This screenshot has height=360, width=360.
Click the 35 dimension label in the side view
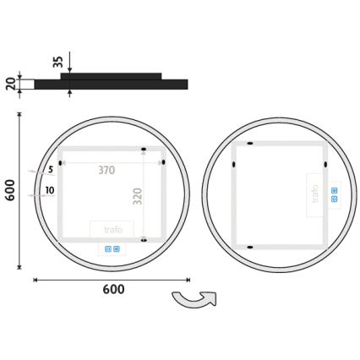pyautogui.click(x=57, y=61)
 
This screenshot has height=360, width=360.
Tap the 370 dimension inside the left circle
pyautogui.click(x=106, y=171)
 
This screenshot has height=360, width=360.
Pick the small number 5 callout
pyautogui.click(x=51, y=171)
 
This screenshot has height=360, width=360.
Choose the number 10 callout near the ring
pyautogui.click(x=50, y=191)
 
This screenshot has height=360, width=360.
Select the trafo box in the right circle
pyautogui.click(x=315, y=197)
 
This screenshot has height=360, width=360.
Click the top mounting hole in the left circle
pyautogui.click(x=143, y=150)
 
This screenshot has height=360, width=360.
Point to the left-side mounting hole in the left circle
pyautogui.click(x=62, y=163)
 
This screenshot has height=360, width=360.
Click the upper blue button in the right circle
pyautogui.click(x=334, y=190)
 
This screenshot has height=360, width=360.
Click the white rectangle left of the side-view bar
pyautogui.click(x=25, y=85)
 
